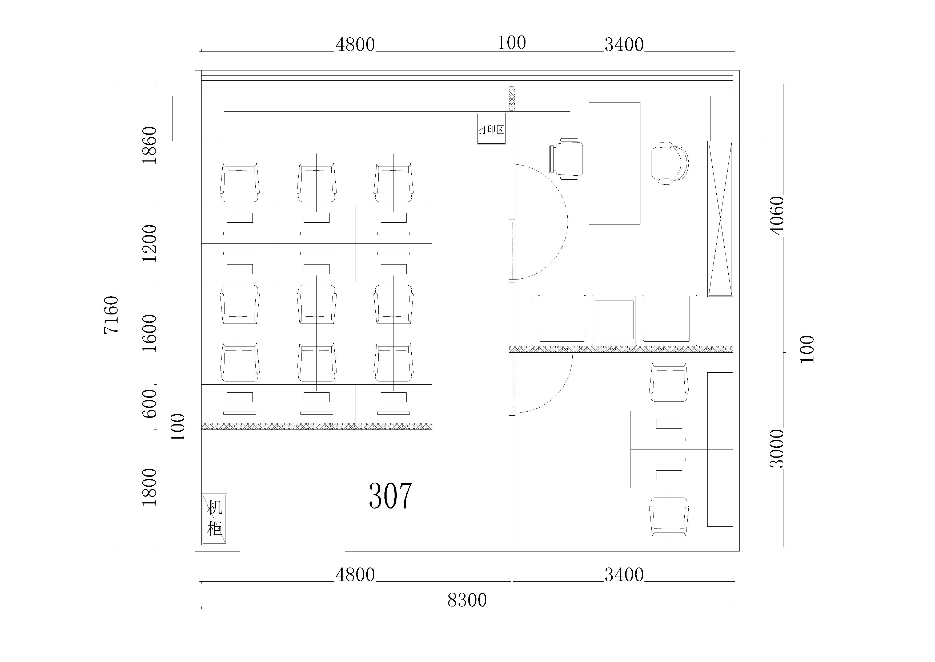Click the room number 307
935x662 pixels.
(x=390, y=496)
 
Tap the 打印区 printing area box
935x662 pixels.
(x=491, y=128)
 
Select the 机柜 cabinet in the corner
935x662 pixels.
(x=214, y=519)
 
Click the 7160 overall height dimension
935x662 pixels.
(x=111, y=315)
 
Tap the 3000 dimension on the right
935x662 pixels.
(x=777, y=448)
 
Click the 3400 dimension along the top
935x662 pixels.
(x=624, y=44)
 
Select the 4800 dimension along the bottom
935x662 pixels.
(x=355, y=575)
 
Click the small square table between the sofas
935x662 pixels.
(x=614, y=320)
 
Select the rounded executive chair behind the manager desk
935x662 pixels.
(x=669, y=163)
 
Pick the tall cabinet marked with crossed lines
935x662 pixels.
(x=720, y=219)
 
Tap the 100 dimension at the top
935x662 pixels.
(x=512, y=43)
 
